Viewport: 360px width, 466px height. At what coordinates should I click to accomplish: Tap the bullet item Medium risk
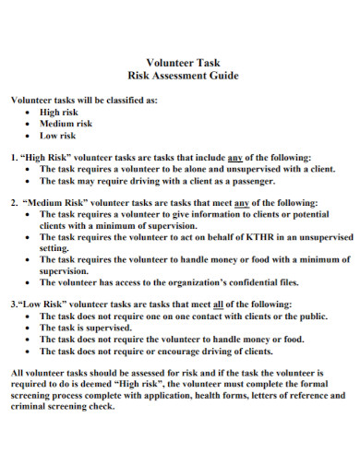pyautogui.click(x=66, y=123)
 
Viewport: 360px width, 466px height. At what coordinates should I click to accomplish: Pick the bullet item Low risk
pyautogui.click(x=58, y=135)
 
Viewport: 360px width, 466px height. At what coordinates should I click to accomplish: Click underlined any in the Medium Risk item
pyautogui.click(x=244, y=202)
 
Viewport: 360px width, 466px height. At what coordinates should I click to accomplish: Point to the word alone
pyautogui.click(x=186, y=169)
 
